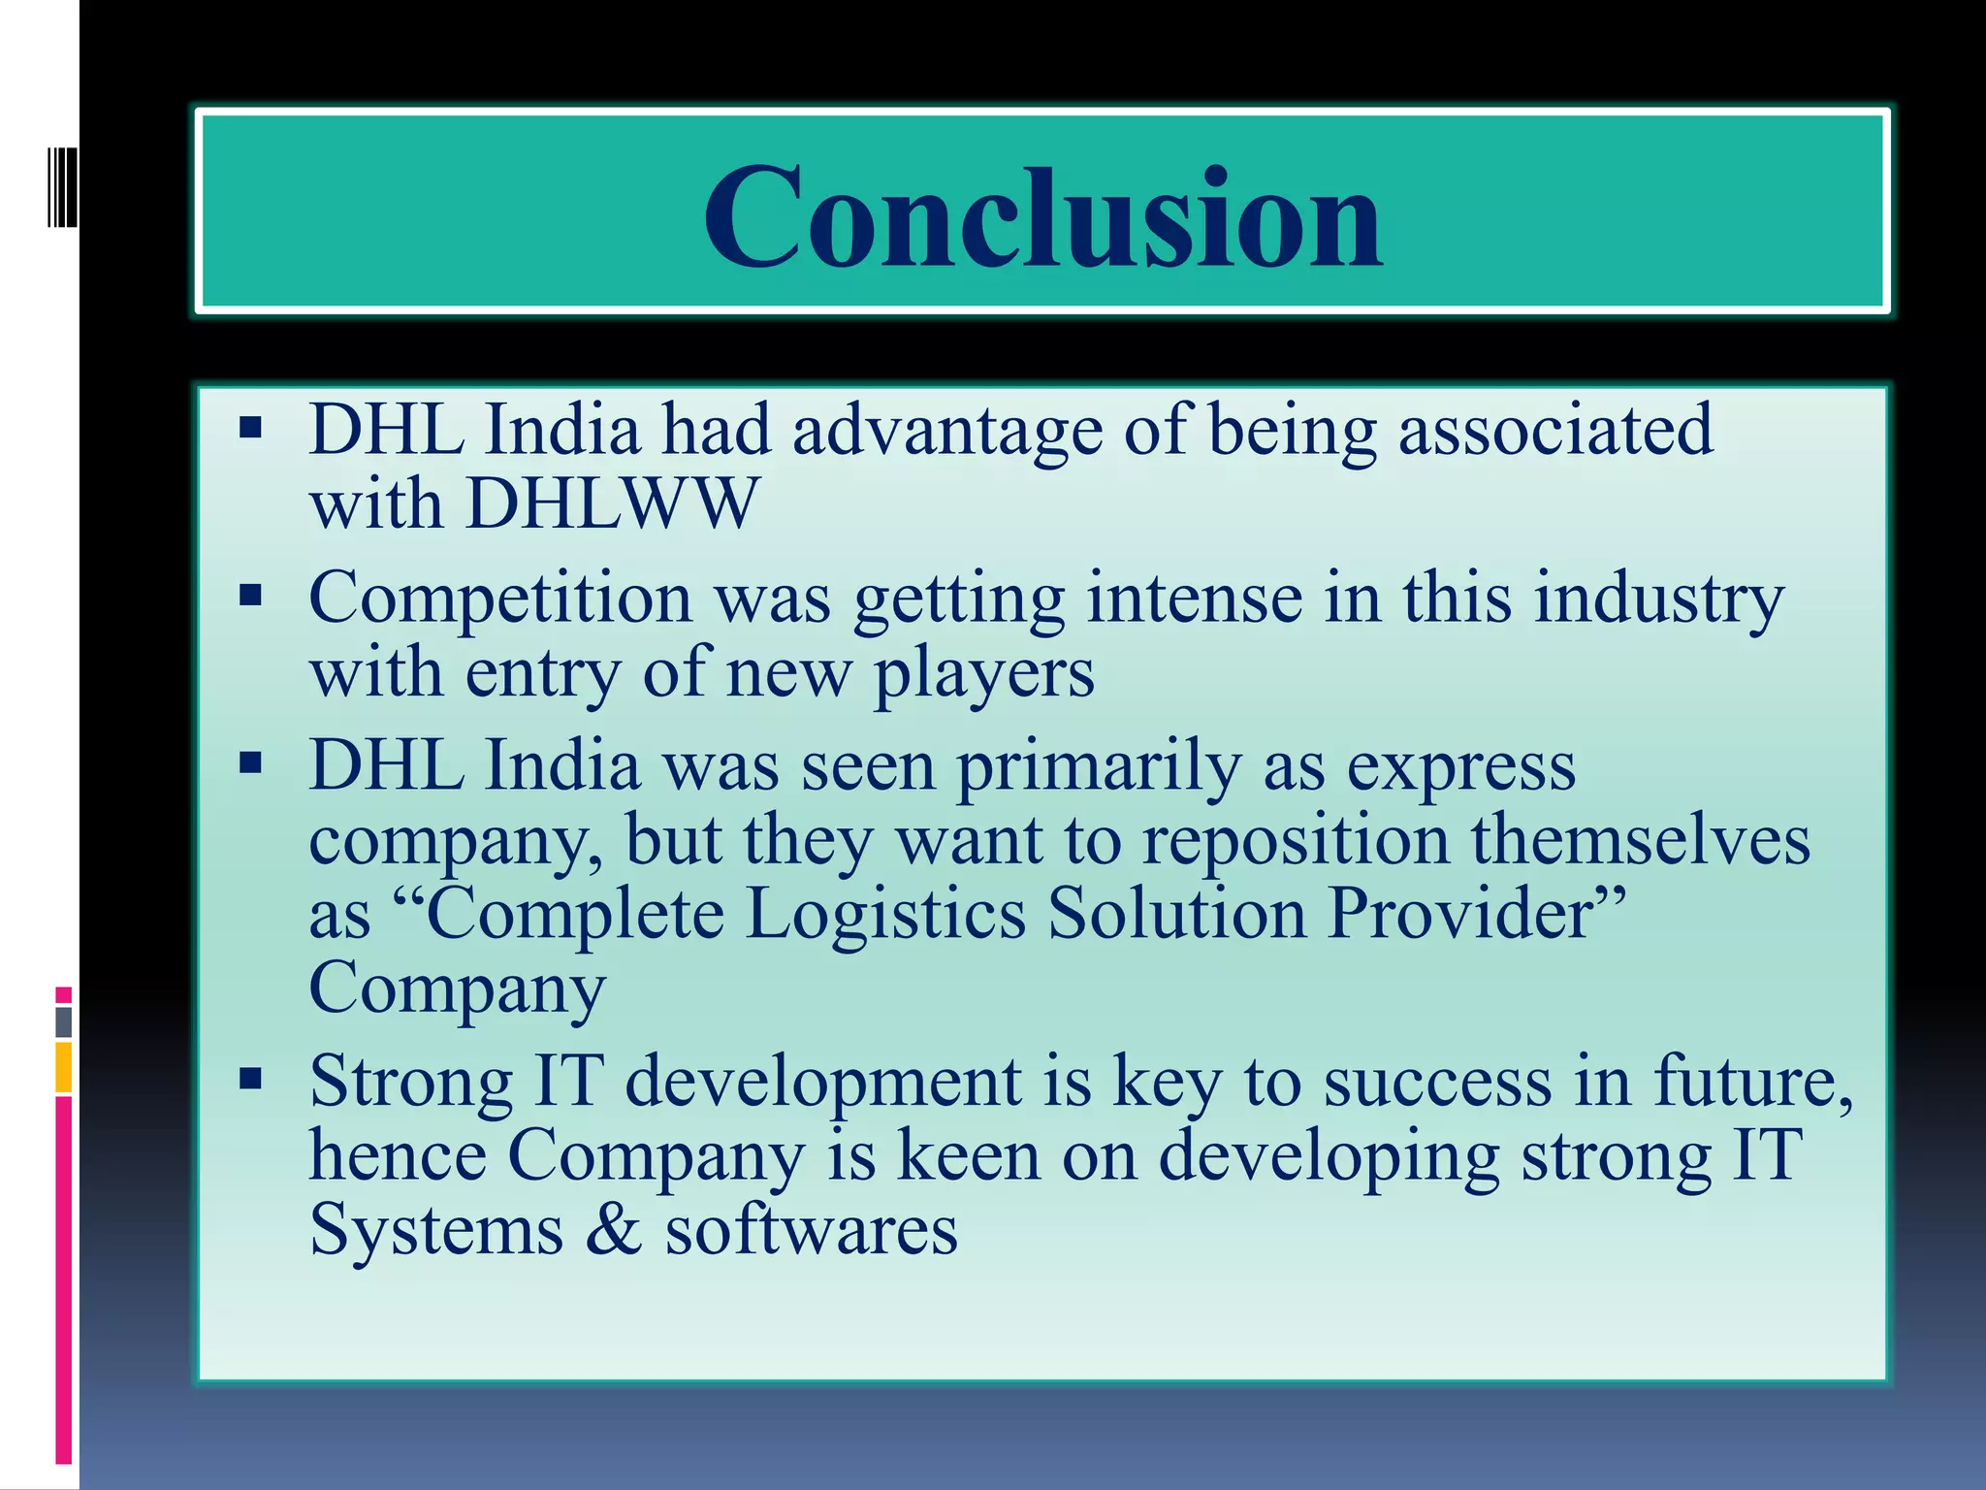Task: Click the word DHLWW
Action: pyautogui.click(x=612, y=503)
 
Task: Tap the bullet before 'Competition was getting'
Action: pyautogui.click(x=251, y=595)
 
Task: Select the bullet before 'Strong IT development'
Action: pyautogui.click(x=251, y=1078)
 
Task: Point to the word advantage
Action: pyautogui.click(x=947, y=430)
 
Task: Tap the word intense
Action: pyautogui.click(x=1194, y=598)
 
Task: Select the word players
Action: pyautogui.click(x=983, y=674)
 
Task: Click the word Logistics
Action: pyautogui.click(x=885, y=914)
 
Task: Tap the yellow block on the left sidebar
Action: pyautogui.click(x=63, y=1067)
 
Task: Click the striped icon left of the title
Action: pyautogui.click(x=62, y=186)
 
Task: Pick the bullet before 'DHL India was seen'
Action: pyautogui.click(x=251, y=763)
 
